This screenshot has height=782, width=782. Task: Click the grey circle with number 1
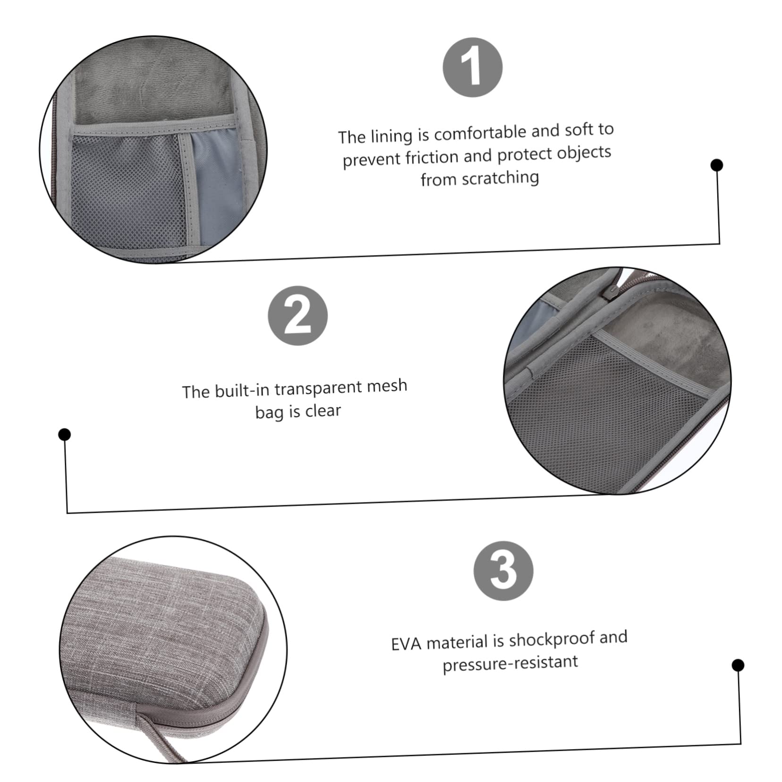(472, 68)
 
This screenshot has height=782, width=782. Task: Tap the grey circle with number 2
(297, 315)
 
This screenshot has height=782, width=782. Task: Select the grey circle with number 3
(503, 570)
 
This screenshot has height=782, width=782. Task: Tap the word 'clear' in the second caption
(323, 411)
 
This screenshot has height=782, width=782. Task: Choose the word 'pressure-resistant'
(510, 663)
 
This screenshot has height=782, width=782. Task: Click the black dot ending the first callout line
(716, 165)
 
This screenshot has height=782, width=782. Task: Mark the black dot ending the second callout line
(65, 434)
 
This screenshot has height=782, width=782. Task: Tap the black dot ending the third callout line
(738, 665)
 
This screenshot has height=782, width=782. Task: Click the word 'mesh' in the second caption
(387, 386)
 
